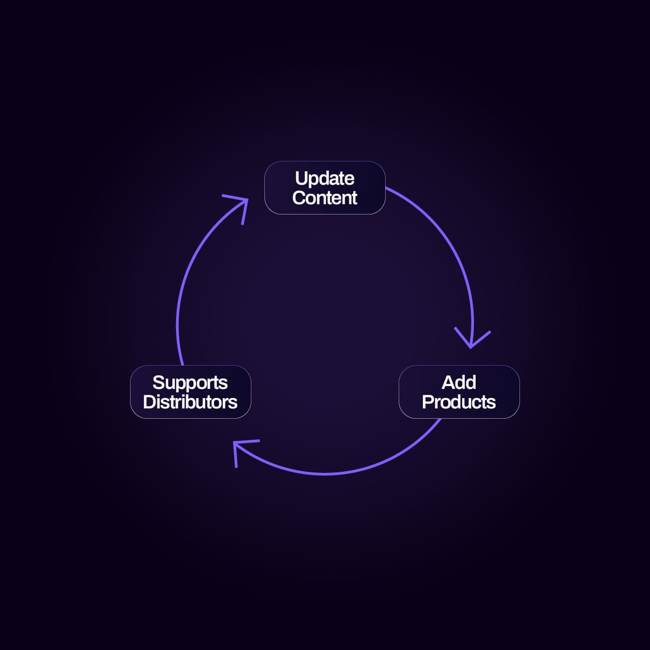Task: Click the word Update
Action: coord(324,178)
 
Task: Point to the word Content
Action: coord(324,198)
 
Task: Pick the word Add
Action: coord(459,382)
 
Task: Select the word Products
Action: coord(459,402)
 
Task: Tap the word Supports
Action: coord(190,382)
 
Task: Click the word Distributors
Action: coord(190,402)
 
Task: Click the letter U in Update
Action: coord(301,178)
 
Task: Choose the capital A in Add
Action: coord(448,382)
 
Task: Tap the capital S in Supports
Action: coord(158,383)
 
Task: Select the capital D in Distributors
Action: coord(148,402)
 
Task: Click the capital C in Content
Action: coord(299,198)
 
